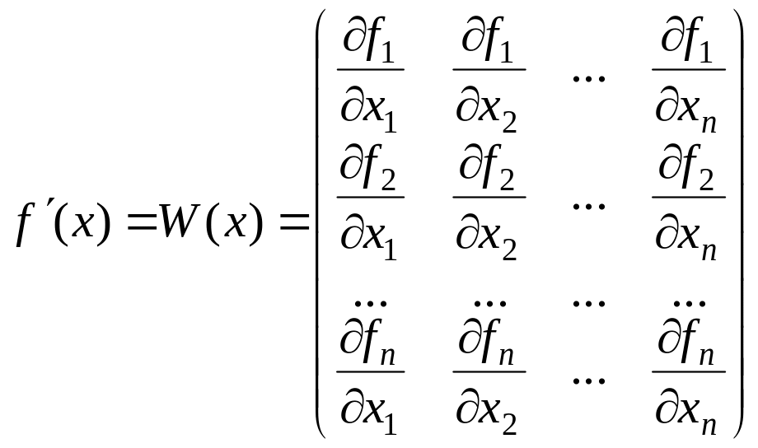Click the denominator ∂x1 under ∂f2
(369, 237)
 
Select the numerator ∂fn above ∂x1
(369, 346)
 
